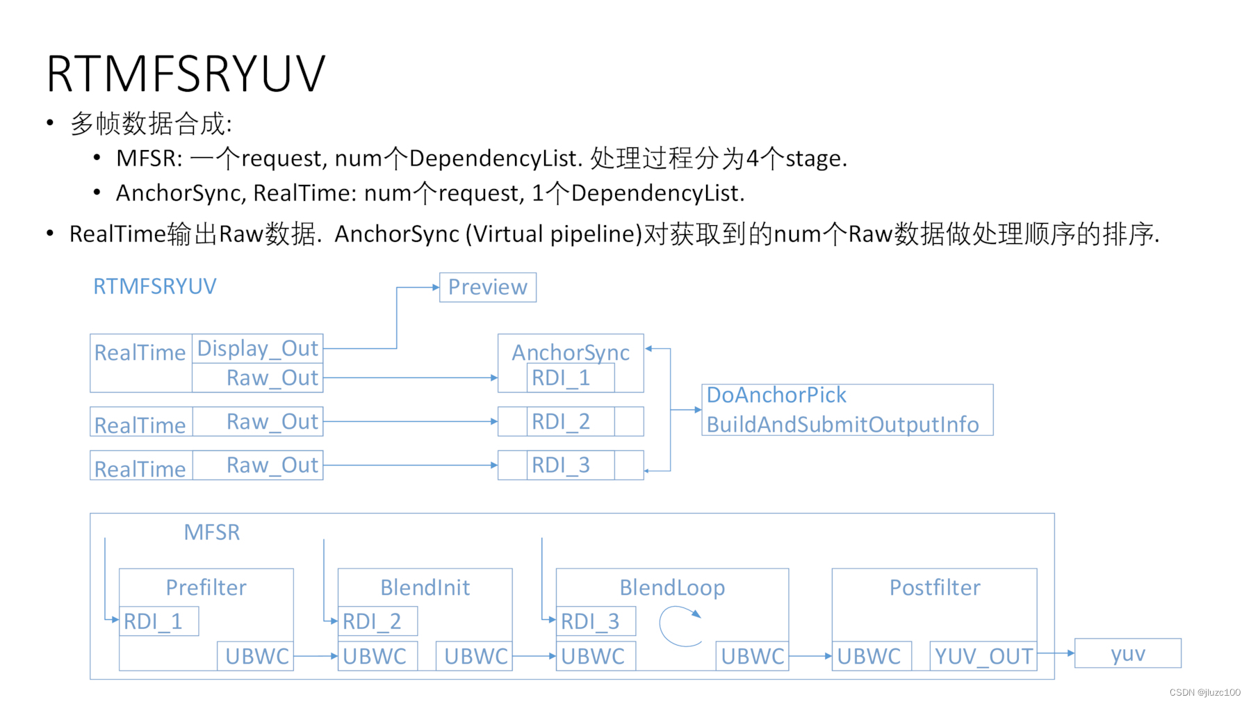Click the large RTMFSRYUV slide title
coord(186,74)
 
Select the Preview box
coord(487,287)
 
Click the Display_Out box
coord(257,348)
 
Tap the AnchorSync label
coord(571,352)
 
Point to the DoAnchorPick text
coord(776,395)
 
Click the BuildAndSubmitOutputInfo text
coord(842,425)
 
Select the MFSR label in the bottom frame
coord(212,532)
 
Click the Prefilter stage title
coord(206,588)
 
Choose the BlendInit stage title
coord(425,588)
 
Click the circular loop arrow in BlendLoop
coord(680,625)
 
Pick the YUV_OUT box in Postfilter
coord(983,656)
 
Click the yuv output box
coord(1127,653)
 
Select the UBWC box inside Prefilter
coord(256,656)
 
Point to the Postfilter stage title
coord(935,588)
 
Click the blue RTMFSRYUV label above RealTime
coord(155,286)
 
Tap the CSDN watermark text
coord(1204,692)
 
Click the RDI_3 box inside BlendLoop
coord(596,621)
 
